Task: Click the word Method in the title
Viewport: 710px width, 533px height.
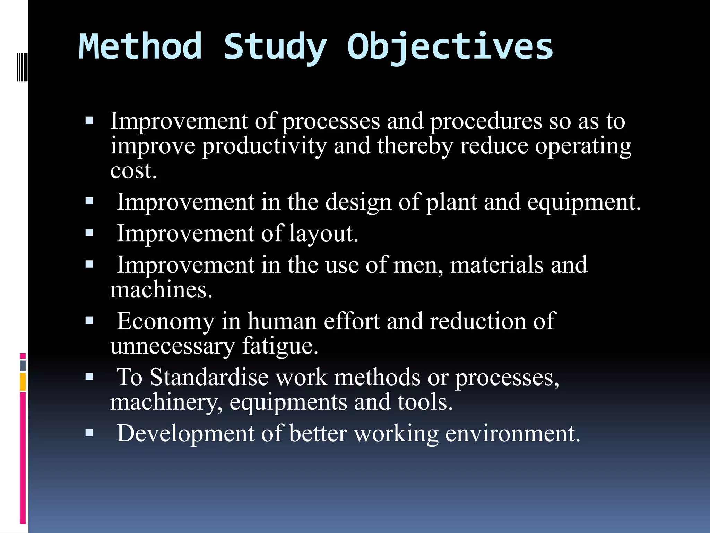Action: coord(140,47)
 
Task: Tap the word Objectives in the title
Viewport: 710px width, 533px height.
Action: coord(450,47)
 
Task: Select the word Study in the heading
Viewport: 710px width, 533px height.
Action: coord(275,47)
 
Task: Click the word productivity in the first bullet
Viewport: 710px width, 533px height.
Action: coord(264,146)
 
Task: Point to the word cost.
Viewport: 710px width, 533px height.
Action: coord(133,171)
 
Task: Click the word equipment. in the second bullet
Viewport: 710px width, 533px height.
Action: coord(584,202)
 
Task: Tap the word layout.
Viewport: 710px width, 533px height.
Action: coord(323,234)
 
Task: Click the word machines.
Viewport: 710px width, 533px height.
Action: coord(161,290)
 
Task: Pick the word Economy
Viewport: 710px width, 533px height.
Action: coord(165,321)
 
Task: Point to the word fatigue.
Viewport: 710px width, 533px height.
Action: coord(280,346)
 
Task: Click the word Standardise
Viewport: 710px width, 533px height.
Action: coord(209,378)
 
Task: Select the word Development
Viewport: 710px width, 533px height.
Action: coord(185,434)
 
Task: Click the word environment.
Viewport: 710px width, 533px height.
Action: coord(512,434)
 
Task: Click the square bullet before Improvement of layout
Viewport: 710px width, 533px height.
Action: coord(89,232)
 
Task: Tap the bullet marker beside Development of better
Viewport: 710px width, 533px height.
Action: coord(89,433)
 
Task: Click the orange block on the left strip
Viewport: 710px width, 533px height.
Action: coord(23,381)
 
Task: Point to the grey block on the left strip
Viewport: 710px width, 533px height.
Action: coord(23,365)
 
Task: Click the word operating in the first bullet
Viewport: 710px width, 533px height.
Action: coord(583,146)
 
